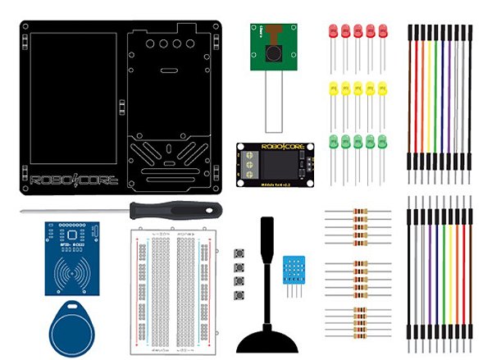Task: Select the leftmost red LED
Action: pyautogui.click(x=332, y=31)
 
